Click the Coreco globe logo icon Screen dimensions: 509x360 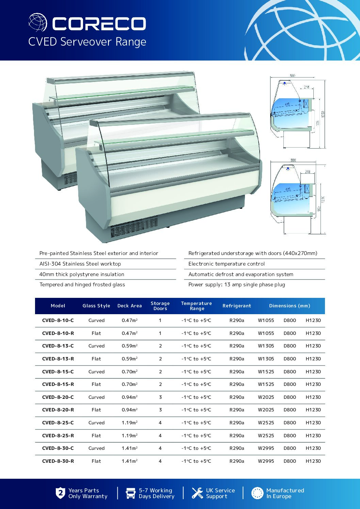coord(38,22)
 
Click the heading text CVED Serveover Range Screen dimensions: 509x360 coord(87,42)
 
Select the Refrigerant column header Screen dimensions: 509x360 coord(237,306)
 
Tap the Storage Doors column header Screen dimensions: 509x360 coord(160,306)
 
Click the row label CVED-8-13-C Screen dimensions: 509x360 coord(58,346)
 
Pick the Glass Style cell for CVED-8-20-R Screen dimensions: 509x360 coord(96,410)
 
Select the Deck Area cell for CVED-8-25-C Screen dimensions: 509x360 coord(130,423)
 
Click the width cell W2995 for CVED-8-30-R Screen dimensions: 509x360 coord(266,461)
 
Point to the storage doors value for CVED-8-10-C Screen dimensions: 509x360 coord(160,320)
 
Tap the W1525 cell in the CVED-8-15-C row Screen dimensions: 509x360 coord(266,372)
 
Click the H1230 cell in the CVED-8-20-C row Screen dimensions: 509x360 coord(313,397)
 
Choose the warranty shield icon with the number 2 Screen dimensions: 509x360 coord(60,493)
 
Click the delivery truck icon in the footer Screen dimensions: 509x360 coord(131,493)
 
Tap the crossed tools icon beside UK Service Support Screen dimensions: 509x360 coord(197,493)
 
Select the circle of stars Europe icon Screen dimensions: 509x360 coord(257,493)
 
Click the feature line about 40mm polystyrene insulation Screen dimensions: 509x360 coord(82,274)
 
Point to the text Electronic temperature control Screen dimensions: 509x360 coord(227,264)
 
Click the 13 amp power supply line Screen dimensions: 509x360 coord(237,285)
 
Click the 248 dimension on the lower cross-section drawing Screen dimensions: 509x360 coord(308,172)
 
